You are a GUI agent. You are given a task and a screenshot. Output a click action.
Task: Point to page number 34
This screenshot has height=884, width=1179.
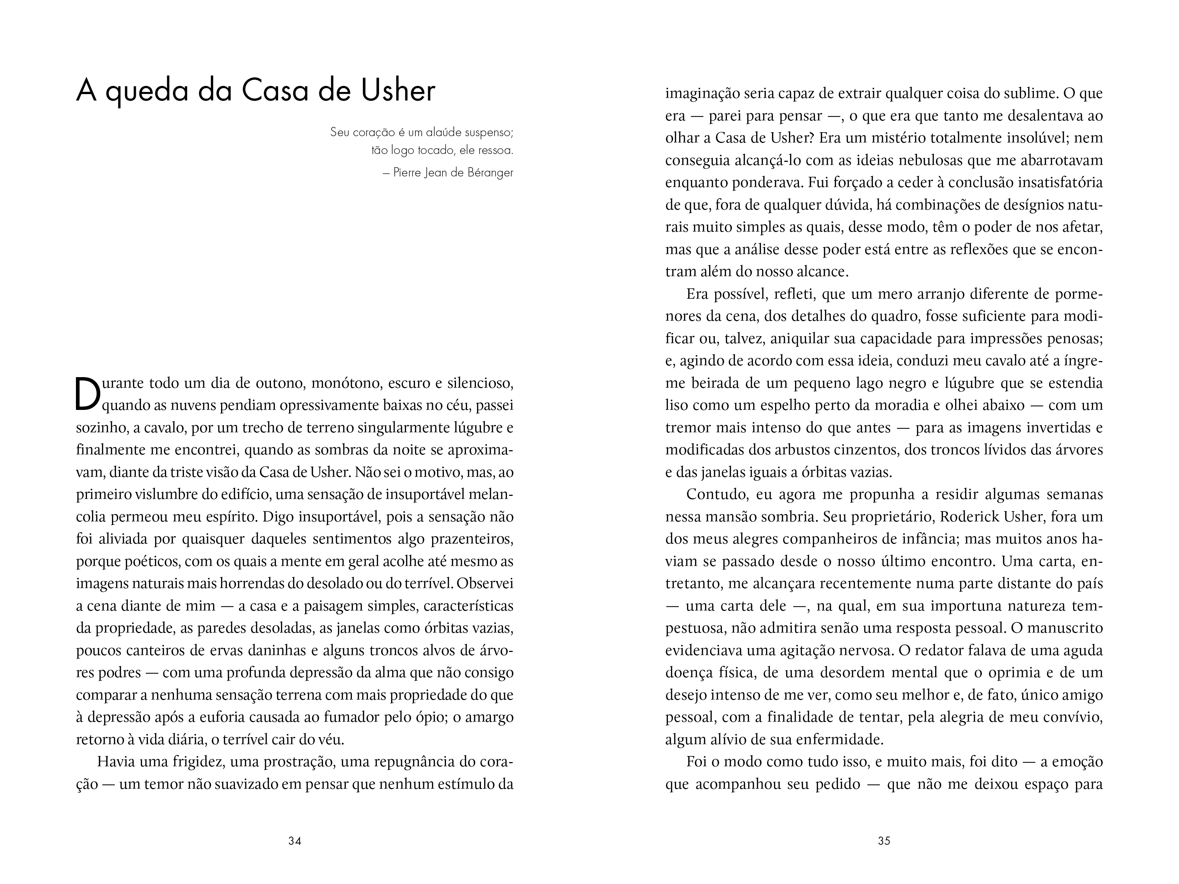click(295, 841)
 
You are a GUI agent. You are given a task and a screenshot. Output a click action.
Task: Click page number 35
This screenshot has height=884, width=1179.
click(884, 841)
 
